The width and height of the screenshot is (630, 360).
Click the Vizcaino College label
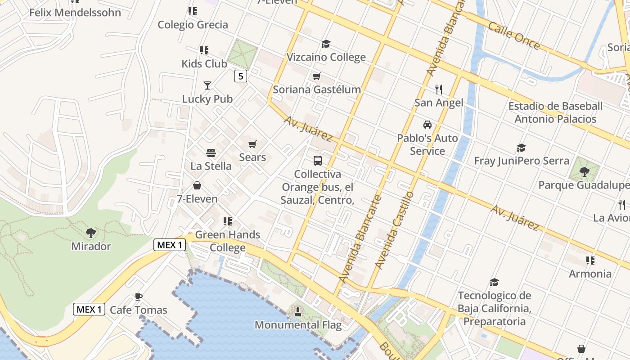tap(326, 57)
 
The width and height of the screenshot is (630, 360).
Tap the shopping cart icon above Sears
tap(252, 144)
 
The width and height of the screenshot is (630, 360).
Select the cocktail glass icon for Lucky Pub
tap(207, 85)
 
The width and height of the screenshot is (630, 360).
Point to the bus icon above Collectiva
tap(318, 160)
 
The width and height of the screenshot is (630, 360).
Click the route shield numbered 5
tap(241, 76)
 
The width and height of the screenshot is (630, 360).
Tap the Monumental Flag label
tap(298, 324)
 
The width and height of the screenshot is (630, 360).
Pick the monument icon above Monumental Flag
tap(297, 311)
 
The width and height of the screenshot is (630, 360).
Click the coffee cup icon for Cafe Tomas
tap(139, 297)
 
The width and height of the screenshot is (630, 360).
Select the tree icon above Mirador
tap(91, 233)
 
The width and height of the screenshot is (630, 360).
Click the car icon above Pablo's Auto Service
tap(427, 125)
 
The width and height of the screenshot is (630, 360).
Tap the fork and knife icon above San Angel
tap(439, 90)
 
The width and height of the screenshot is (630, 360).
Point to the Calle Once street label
tap(513, 36)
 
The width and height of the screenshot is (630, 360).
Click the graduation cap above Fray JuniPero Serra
tap(521, 148)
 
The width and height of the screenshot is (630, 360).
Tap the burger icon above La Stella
tap(211, 153)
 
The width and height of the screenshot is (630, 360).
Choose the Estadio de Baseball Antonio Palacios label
tap(555, 112)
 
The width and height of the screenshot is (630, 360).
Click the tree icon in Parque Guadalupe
tap(584, 171)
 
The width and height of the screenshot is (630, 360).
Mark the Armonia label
tap(590, 274)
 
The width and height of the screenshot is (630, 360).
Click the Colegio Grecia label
tap(193, 25)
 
